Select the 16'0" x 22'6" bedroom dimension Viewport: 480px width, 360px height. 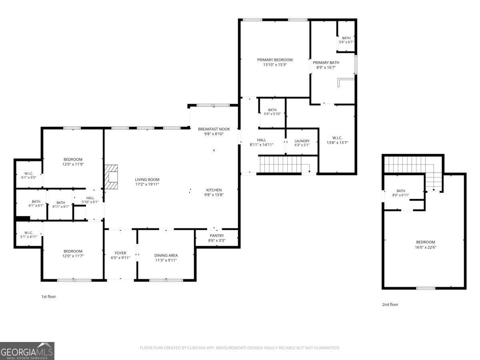pos(425,247)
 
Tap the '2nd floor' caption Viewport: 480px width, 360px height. pos(390,304)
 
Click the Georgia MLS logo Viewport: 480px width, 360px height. pos(27,351)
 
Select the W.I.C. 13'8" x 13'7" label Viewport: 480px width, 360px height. pos(337,140)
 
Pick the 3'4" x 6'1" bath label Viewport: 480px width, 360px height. pos(346,40)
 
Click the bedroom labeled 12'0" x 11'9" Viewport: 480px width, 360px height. pos(73,162)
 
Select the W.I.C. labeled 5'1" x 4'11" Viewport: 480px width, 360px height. pos(28,234)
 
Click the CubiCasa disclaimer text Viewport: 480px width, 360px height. pos(240,348)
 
